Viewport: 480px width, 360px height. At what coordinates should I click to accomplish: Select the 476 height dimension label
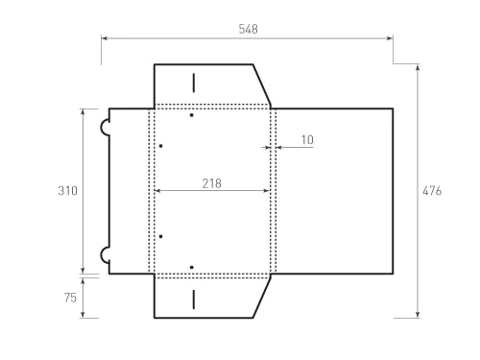point(432,191)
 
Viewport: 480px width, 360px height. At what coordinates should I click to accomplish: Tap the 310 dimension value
point(67,191)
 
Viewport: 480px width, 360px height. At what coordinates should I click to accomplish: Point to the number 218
point(212,182)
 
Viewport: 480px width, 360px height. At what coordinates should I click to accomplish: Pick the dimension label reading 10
point(306,140)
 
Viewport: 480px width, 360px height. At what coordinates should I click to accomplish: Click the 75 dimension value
point(70,298)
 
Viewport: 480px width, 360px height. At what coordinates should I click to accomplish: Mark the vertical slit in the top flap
point(193,81)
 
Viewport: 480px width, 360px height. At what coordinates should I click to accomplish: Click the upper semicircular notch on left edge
point(104,126)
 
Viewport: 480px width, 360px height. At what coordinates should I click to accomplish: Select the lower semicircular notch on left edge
point(104,255)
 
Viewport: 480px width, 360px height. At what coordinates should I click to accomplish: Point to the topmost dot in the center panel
point(192,116)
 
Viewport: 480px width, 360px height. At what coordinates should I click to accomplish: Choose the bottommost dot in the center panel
point(192,266)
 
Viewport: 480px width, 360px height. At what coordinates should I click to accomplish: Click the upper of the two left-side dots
point(161,146)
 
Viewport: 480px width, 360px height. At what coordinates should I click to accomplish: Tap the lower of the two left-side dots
point(161,235)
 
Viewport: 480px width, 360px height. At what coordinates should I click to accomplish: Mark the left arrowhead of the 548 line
point(104,38)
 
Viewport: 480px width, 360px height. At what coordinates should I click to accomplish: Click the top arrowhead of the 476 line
point(419,67)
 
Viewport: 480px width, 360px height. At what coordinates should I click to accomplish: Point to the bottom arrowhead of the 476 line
point(419,314)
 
